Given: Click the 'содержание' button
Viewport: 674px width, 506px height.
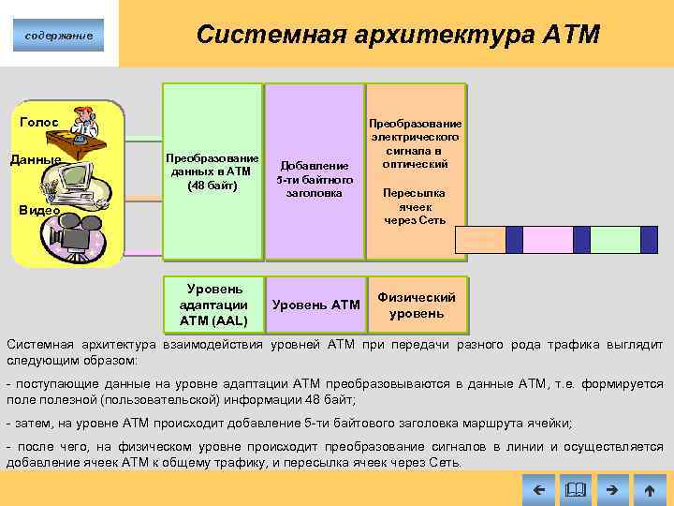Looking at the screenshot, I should click(x=59, y=35).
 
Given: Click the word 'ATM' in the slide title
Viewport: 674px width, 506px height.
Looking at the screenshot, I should click(x=570, y=35).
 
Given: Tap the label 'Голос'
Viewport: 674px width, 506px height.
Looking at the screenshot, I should click(x=39, y=122).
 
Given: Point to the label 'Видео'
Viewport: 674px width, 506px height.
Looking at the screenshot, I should click(x=40, y=210).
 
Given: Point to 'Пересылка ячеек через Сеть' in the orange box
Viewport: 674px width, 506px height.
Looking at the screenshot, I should click(x=415, y=206).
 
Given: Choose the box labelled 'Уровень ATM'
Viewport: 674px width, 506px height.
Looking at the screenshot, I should click(x=315, y=305).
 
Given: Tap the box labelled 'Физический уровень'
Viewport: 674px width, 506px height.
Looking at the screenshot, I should click(x=416, y=305).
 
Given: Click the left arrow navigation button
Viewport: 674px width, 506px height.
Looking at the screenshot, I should click(x=536, y=489).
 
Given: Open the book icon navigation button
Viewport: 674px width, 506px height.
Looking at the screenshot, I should click(x=574, y=489).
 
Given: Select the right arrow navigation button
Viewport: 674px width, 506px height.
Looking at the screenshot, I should click(x=611, y=489).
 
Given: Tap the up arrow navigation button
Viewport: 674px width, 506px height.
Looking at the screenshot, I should click(x=649, y=489).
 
